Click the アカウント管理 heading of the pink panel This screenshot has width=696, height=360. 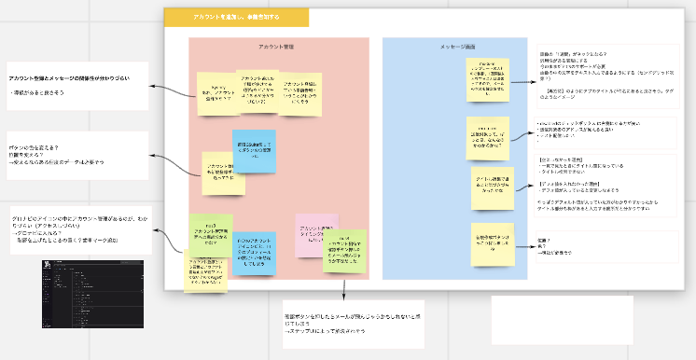coord(278,48)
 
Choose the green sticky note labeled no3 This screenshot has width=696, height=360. coord(211,236)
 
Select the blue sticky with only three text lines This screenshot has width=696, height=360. coord(254,151)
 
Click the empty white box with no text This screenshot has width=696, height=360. coord(562,320)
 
